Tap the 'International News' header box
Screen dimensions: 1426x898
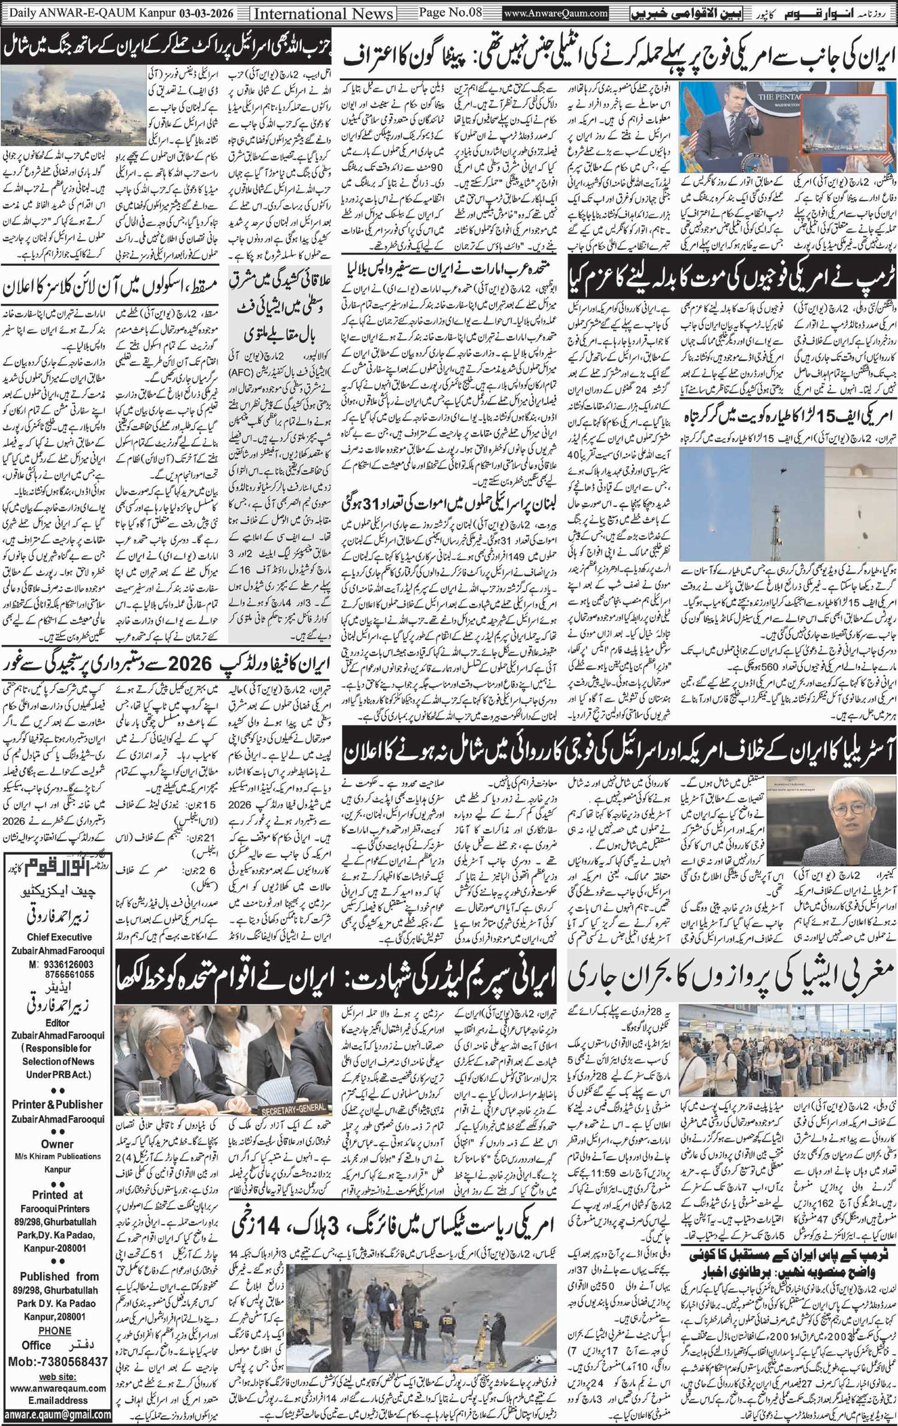pos(324,13)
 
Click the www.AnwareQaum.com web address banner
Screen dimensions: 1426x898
pos(556,13)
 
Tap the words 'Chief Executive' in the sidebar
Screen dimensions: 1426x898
pos(59,937)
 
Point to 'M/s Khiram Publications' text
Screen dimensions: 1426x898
pos(58,1156)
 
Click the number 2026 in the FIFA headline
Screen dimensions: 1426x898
pos(187,663)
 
